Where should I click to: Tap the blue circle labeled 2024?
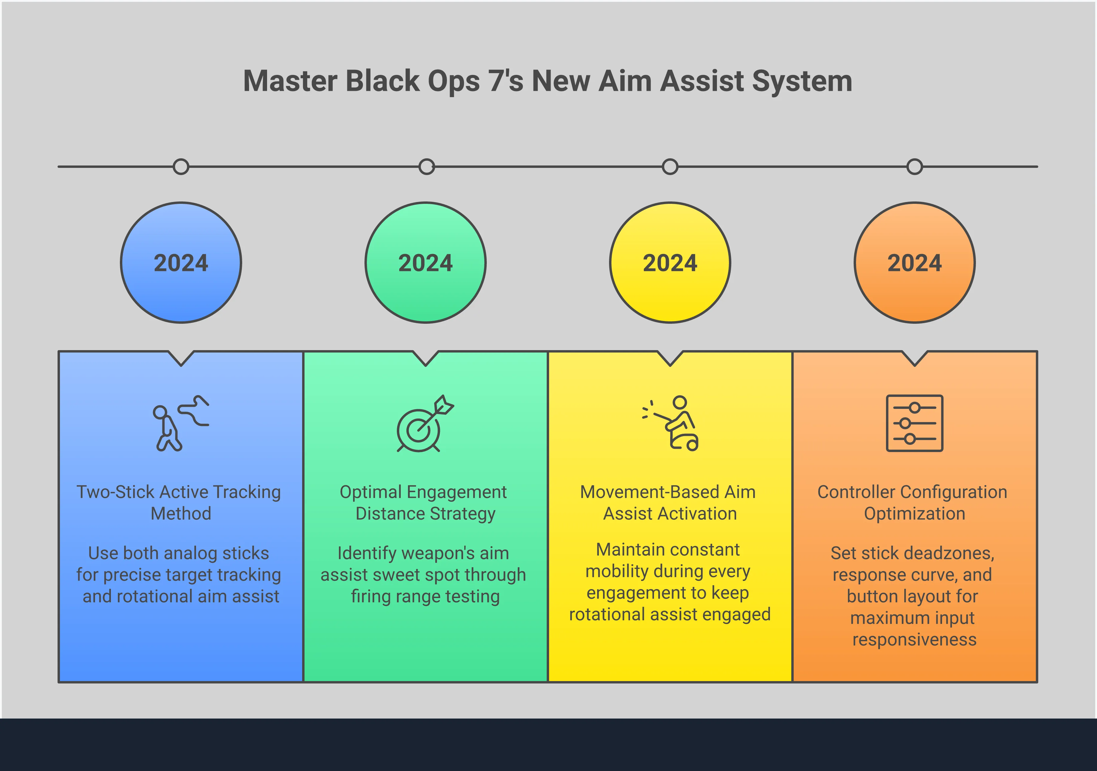[181, 262]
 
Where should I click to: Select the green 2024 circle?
[426, 262]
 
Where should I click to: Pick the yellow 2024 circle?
[670, 262]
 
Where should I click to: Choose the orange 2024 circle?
[914, 262]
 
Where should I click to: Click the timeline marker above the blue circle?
[181, 167]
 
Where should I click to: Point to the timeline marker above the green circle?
[427, 167]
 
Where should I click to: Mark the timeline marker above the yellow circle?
[670, 167]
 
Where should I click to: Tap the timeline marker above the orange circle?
[914, 167]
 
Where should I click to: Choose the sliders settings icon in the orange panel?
[914, 423]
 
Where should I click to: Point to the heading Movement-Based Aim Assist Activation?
[668, 503]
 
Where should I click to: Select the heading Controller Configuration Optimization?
[913, 503]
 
